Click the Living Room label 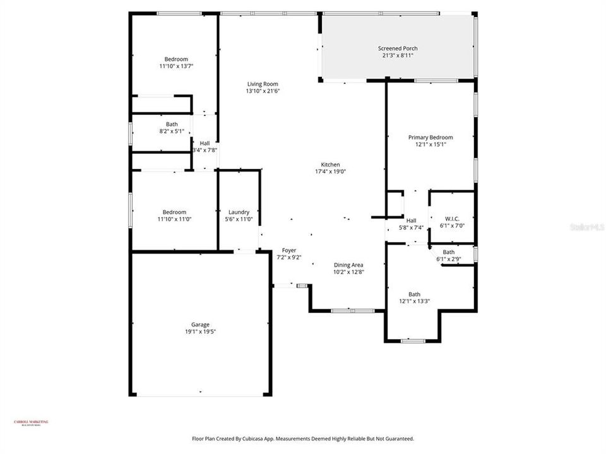262,84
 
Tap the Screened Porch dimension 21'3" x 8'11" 398,55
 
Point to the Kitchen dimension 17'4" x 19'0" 331,172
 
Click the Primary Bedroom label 431,137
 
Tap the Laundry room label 239,212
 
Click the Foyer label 289,250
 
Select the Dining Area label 349,265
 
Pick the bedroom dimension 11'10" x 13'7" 176,66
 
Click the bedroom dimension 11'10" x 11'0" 174,219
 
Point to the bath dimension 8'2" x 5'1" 172,131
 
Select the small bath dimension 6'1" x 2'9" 449,259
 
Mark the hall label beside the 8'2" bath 205,143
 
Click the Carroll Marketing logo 31,423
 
